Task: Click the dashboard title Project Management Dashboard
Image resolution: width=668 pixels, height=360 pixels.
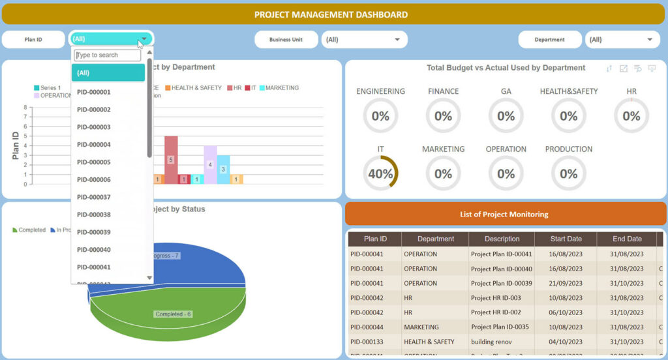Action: coord(331,14)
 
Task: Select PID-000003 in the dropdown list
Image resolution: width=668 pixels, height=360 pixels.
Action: coord(94,127)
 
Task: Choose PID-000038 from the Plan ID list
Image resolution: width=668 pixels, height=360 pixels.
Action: coord(94,215)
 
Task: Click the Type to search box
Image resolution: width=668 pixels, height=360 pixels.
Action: coord(108,55)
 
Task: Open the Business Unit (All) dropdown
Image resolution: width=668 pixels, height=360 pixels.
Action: coord(364,40)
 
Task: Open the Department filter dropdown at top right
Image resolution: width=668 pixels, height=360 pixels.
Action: coord(622,40)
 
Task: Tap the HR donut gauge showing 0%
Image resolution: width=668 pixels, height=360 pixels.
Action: coord(631,116)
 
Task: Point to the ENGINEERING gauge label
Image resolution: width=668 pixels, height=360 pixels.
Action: coord(380,91)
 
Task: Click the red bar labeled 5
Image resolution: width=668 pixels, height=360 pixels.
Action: coord(171,159)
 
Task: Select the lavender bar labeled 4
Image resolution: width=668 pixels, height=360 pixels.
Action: coord(210,164)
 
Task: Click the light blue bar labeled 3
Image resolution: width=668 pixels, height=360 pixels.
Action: coord(223,169)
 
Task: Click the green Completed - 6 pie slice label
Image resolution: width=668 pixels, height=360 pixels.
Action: coord(173,314)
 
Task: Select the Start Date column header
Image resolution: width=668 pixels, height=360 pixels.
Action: coord(565,239)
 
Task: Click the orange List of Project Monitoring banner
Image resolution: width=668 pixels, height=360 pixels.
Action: coord(504,214)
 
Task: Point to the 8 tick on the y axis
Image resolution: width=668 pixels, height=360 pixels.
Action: coord(25,108)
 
